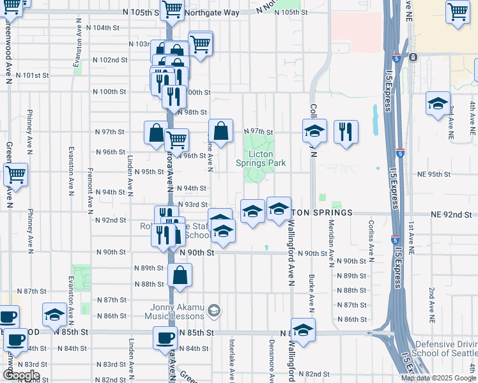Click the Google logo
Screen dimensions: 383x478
(20, 375)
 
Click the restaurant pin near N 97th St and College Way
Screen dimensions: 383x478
(346, 131)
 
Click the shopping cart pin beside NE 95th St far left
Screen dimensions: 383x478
(15, 174)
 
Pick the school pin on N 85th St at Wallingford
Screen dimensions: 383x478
(304, 329)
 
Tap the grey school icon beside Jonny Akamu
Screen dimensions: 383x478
(214, 311)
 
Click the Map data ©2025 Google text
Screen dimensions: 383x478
(438, 378)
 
